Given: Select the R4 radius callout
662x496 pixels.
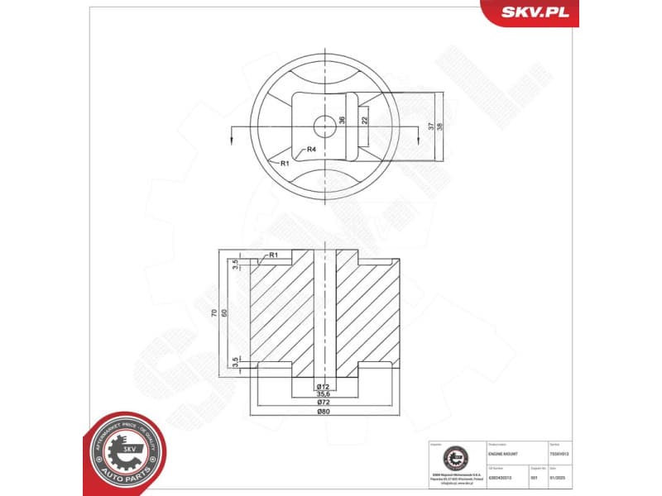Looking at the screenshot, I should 311,150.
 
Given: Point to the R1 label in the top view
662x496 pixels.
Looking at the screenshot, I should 284,164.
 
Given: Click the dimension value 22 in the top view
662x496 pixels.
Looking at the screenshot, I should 364,121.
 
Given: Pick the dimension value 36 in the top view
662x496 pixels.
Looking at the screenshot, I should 342,121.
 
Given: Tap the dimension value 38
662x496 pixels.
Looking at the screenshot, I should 439,126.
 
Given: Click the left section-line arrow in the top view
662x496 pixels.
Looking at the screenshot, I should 233,136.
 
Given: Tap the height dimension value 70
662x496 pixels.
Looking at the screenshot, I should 214,314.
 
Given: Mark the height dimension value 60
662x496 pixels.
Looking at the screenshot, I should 223,314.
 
